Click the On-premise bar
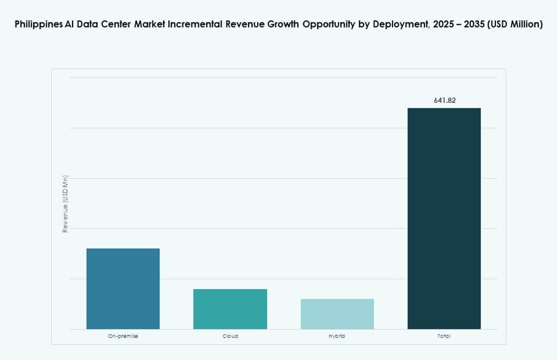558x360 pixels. pos(123,289)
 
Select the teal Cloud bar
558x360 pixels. pos(230,309)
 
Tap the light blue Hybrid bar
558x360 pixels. pos(337,314)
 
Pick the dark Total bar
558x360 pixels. pos(444,218)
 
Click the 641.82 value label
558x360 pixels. pos(444,101)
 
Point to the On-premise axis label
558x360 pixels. pos(123,336)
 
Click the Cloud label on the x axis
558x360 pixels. pos(230,336)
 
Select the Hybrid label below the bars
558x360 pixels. pos(337,336)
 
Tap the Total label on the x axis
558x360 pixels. pos(444,336)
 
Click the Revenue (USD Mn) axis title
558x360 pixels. pos(65,203)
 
